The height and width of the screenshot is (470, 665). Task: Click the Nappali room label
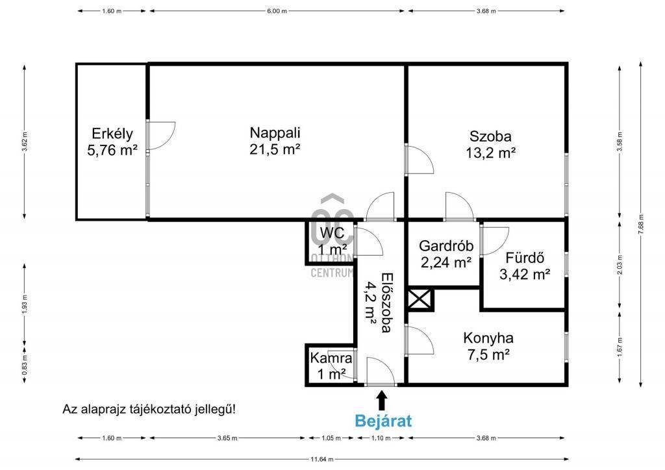[x=275, y=132]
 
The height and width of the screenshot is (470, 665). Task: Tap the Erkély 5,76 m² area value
[x=112, y=150]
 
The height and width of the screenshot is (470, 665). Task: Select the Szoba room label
[x=490, y=136]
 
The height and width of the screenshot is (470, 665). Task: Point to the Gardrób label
[x=446, y=246]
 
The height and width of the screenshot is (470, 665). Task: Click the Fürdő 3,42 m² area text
[x=525, y=274]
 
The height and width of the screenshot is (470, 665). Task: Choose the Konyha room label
[x=488, y=338]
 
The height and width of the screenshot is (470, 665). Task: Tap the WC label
[x=332, y=232]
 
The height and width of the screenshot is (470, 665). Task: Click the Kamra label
[x=331, y=358]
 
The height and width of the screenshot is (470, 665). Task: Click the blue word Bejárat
[x=383, y=421]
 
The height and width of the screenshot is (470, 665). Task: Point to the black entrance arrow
[x=382, y=401]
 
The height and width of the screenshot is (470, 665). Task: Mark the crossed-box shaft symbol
[x=420, y=299]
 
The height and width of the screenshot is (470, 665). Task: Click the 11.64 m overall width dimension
[x=322, y=459]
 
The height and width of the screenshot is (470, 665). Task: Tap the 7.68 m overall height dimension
[x=641, y=225]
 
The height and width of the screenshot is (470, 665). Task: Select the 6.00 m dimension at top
[x=277, y=11]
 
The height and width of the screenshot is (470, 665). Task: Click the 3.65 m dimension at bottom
[x=227, y=438]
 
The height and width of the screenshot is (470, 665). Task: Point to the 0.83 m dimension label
[x=25, y=365]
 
